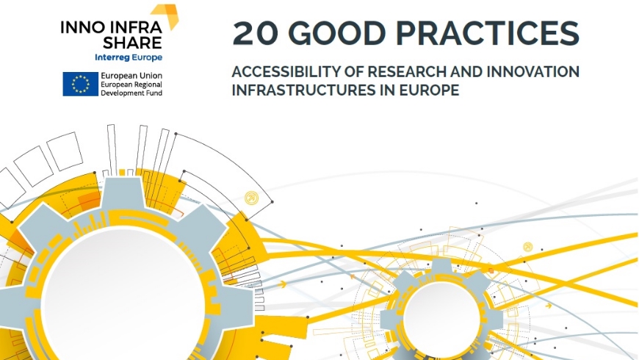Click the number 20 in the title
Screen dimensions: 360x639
[253, 33]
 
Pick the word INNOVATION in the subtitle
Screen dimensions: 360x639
[531, 72]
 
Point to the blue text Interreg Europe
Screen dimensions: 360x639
[129, 57]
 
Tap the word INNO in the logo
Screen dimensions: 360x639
[80, 28]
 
